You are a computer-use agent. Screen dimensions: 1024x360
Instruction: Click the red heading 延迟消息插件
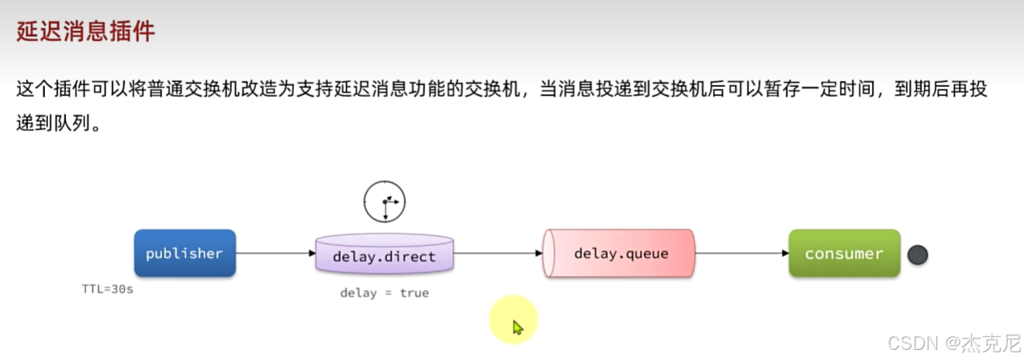pos(86,32)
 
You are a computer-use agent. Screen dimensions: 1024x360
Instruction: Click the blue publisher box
pos(185,253)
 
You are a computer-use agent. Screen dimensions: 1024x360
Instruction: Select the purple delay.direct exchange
pos(384,255)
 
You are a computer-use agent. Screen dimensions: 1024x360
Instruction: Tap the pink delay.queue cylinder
pos(620,253)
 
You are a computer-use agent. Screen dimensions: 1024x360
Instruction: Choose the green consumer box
pos(844,253)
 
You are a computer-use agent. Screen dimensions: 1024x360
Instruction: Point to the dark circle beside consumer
pos(918,254)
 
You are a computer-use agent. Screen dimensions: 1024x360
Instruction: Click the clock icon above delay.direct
pos(385,201)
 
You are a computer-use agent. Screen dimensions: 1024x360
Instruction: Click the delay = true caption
pos(384,292)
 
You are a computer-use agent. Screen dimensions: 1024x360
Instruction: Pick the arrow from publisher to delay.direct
pos(275,253)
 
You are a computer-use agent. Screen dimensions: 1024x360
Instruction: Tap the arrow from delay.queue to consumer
pos(741,253)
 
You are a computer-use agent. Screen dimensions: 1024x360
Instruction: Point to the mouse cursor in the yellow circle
pos(517,327)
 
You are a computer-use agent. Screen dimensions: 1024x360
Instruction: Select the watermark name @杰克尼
pos(982,342)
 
